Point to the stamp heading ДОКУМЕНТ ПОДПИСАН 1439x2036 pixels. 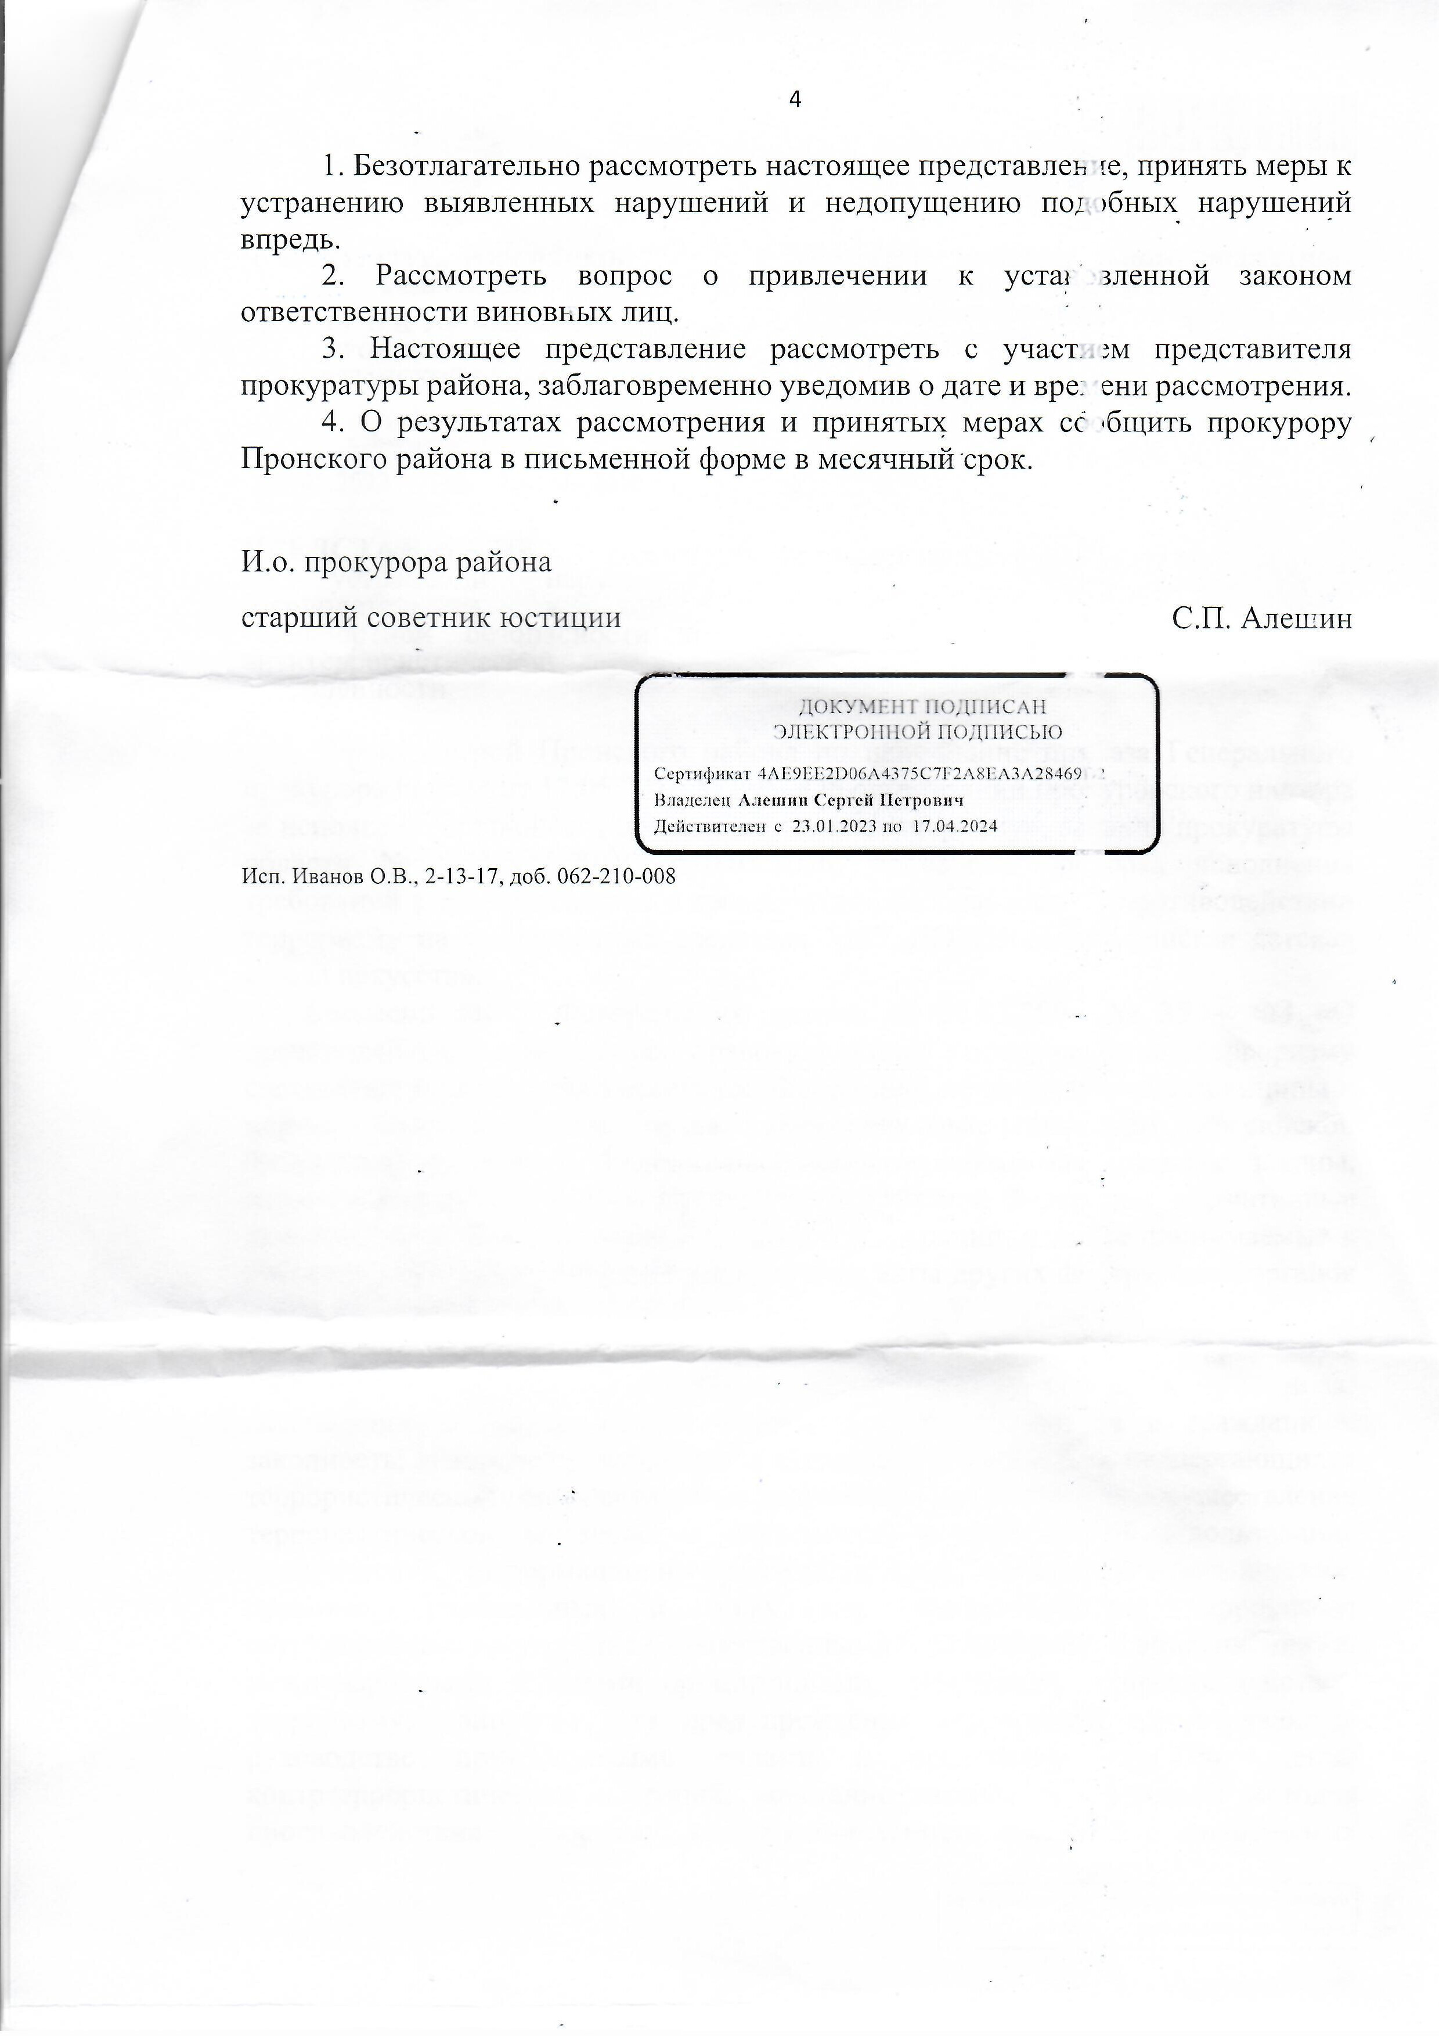(x=922, y=707)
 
